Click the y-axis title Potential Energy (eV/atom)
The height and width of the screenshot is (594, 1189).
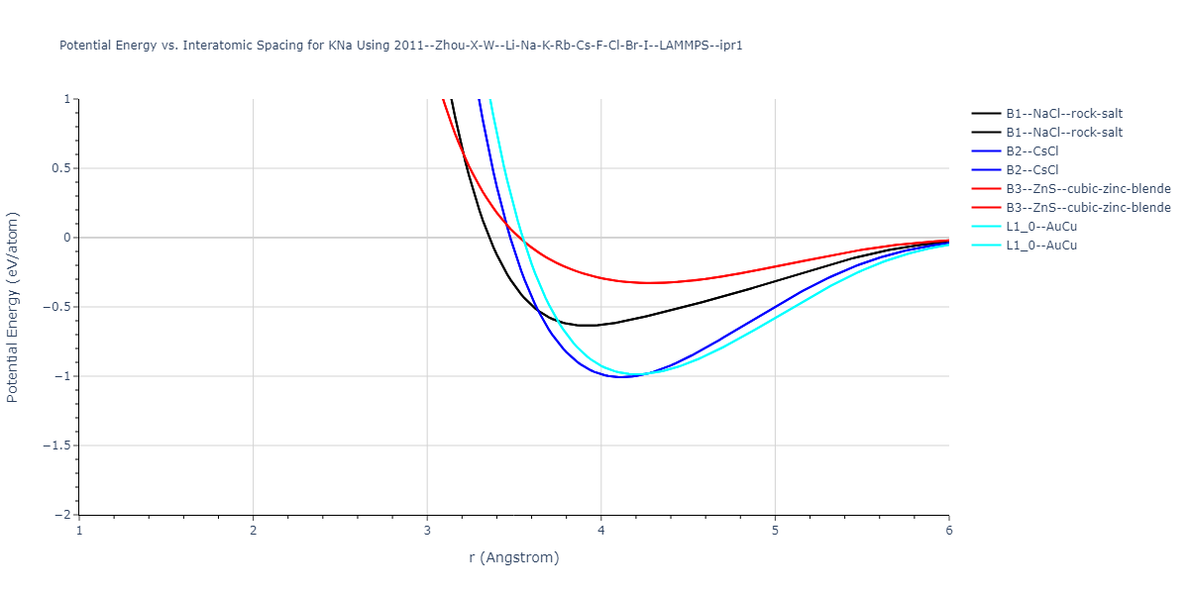click(x=13, y=307)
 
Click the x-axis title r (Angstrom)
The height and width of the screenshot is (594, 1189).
click(x=514, y=557)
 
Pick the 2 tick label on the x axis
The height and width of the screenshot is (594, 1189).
click(x=254, y=531)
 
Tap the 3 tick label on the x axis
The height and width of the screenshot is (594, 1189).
click(x=427, y=531)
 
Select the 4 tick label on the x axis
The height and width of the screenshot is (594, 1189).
click(x=601, y=531)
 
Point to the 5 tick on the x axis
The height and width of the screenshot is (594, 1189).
click(x=775, y=531)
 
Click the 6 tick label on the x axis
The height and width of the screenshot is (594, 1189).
click(x=948, y=531)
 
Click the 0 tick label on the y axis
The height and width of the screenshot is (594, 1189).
click(x=67, y=238)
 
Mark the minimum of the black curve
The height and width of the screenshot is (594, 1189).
click(x=587, y=326)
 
